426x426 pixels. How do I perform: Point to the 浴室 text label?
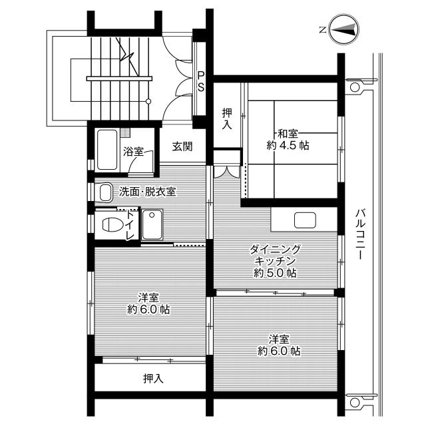click(x=133, y=152)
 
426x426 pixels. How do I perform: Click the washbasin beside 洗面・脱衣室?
click(x=104, y=192)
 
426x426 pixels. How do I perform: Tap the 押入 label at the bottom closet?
click(x=153, y=379)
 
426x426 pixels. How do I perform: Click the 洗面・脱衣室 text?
click(x=147, y=192)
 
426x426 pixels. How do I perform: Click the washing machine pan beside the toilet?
click(x=154, y=224)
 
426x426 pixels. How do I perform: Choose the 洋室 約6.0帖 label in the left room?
click(x=148, y=303)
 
